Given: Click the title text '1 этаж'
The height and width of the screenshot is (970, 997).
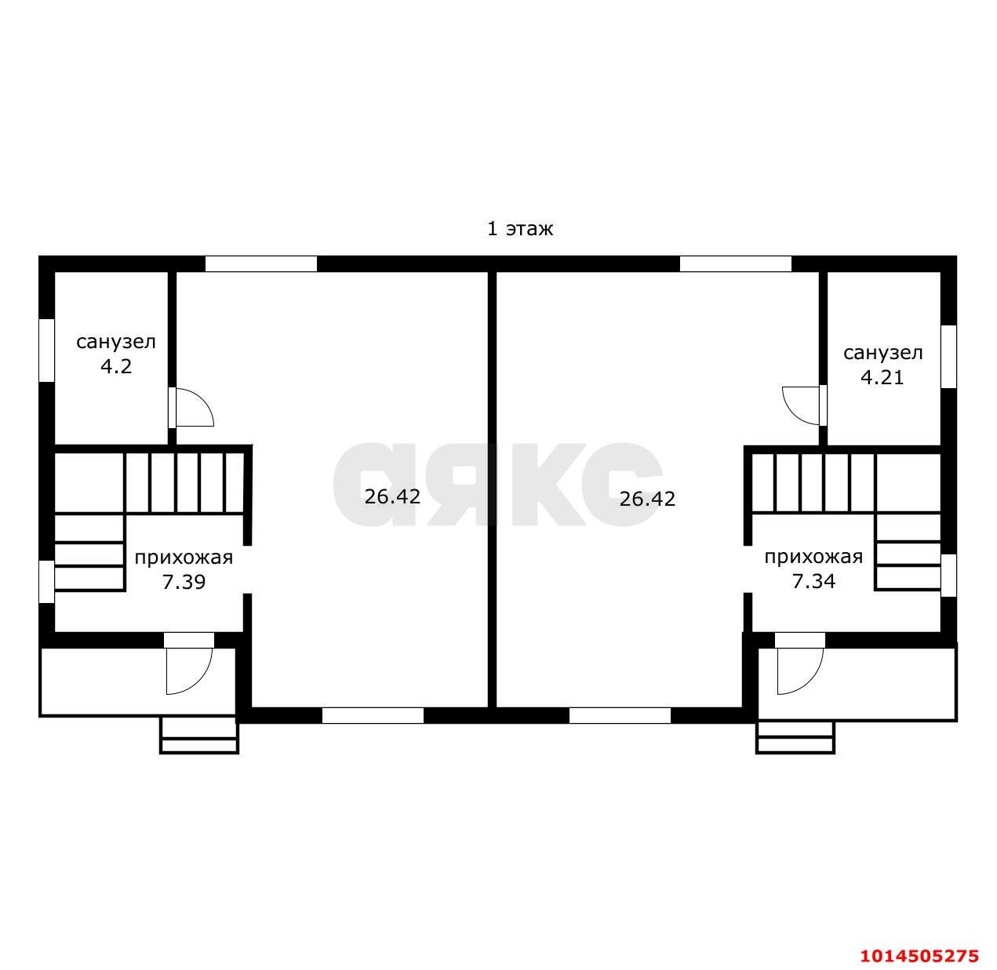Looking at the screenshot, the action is [x=519, y=228].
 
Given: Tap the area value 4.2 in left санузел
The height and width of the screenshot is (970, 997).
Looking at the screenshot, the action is [x=116, y=366].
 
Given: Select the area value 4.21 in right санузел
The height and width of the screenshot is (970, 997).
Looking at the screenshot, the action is [x=882, y=377].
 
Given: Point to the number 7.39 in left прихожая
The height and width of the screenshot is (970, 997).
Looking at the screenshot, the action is [x=184, y=582].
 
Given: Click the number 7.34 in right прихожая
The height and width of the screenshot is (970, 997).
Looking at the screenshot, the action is [x=813, y=581].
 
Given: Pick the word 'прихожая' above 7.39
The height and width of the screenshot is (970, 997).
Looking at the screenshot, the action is [x=184, y=558].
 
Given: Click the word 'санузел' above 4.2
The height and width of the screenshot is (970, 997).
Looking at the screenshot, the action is [x=116, y=342].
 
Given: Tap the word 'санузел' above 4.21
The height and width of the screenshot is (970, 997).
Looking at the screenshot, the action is [x=883, y=354].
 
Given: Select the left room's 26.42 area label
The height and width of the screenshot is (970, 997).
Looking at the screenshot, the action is [x=392, y=496].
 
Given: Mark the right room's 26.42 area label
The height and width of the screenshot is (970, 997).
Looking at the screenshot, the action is [x=648, y=499].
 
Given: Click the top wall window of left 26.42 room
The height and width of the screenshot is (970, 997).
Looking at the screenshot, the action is [x=261, y=263].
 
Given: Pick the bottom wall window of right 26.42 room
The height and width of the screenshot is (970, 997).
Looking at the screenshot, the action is [x=620, y=715].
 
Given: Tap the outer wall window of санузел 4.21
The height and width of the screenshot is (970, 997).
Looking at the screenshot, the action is [x=949, y=357].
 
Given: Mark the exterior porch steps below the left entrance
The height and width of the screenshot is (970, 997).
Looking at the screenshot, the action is [x=199, y=736].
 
